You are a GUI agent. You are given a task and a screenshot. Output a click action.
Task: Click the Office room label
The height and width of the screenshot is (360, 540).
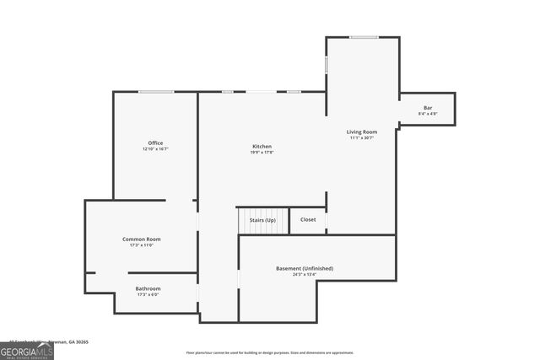[155, 142]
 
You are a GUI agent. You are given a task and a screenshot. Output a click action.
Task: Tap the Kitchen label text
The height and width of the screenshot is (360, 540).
[261, 146]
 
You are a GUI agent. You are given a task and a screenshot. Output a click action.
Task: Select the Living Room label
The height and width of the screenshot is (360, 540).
[361, 132]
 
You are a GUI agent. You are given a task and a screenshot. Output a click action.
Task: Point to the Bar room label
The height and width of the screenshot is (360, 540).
[428, 108]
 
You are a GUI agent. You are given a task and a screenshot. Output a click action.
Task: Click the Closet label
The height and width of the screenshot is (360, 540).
[308, 220]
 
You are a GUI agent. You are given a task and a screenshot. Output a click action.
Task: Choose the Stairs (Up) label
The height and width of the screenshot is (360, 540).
[262, 220]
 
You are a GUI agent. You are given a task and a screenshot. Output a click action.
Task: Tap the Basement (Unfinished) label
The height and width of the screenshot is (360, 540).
[305, 268]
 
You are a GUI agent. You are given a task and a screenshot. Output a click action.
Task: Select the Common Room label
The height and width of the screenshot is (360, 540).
[141, 239]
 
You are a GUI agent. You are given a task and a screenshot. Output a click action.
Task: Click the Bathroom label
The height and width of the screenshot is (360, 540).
[148, 288]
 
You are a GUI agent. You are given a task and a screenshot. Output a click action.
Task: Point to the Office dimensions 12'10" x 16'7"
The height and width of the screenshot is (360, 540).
[155, 149]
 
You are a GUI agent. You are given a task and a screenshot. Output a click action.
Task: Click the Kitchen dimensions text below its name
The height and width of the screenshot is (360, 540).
[261, 153]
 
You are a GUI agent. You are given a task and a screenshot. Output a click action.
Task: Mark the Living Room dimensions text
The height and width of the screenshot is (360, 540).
[361, 138]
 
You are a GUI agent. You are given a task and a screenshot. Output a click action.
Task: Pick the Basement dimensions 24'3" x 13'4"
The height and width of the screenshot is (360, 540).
[305, 275]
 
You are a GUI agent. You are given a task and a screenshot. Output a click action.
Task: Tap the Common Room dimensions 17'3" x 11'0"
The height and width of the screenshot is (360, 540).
[141, 245]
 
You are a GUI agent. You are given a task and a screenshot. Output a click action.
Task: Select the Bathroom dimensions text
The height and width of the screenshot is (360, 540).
[148, 295]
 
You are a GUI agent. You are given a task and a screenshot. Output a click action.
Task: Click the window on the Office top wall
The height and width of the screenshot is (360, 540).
[156, 92]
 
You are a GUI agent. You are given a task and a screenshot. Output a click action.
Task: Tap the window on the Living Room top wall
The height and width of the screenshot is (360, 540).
[364, 36]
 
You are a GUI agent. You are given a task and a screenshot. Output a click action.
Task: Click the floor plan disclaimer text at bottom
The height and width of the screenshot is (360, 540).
[270, 352]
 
